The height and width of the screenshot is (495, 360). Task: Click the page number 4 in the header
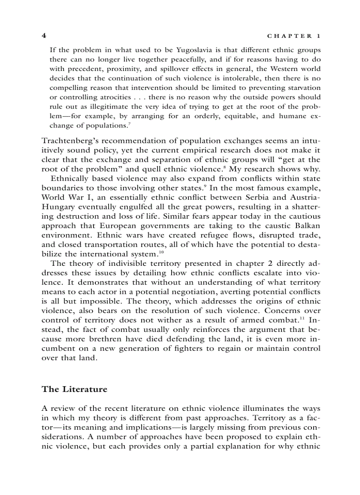(x=44, y=35)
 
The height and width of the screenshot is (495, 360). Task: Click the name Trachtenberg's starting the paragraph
(x=68, y=141)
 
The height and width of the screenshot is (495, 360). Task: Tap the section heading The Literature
(x=74, y=389)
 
